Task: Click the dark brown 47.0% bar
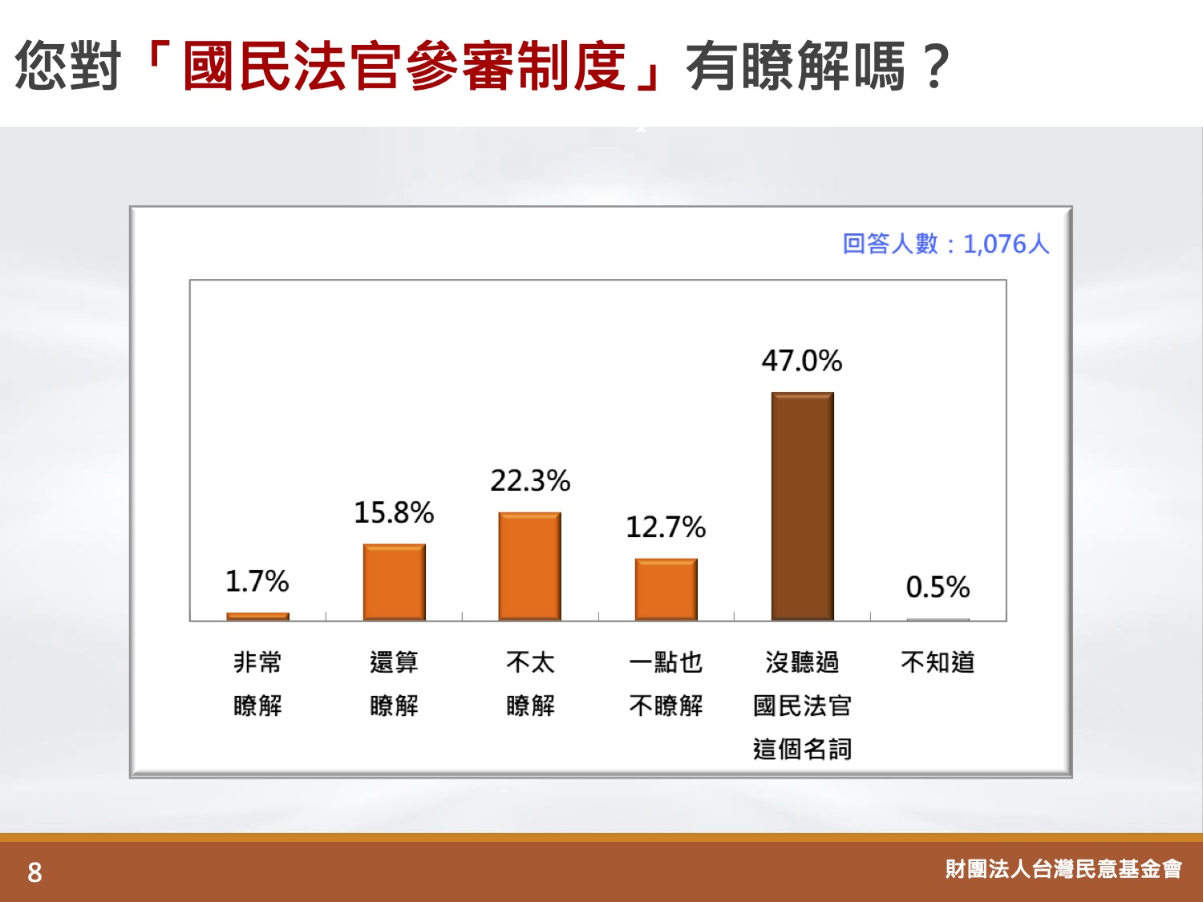[x=802, y=506]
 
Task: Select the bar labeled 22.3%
[x=529, y=566]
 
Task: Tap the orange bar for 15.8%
[x=394, y=582]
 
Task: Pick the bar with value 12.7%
[x=666, y=589]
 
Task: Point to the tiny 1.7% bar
[x=257, y=617]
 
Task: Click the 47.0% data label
[x=802, y=361]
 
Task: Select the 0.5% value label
[x=938, y=587]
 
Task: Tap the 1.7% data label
[x=257, y=581]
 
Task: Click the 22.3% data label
[x=530, y=481]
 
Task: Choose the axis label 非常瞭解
[x=257, y=683]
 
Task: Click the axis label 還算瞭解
[x=394, y=683]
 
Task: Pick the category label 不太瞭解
[x=530, y=683]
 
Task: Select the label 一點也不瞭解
[x=666, y=683]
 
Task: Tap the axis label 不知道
[x=938, y=662]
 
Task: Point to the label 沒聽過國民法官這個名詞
[x=802, y=706]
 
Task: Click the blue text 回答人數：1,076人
[x=946, y=244]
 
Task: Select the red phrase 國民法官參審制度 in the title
[x=404, y=67]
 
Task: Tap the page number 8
[x=34, y=872]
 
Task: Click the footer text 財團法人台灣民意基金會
[x=1063, y=868]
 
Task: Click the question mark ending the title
[x=936, y=67]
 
